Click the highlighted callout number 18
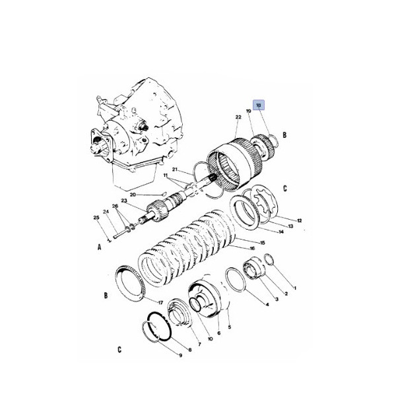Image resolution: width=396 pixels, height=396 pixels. [259, 105]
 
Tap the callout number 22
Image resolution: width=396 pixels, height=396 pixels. [238, 117]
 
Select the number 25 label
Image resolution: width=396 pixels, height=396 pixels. [96, 218]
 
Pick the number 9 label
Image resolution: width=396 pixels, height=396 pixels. [180, 356]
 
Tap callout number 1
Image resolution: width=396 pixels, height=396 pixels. [294, 288]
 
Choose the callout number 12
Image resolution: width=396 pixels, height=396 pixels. [299, 220]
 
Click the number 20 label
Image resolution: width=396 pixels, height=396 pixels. [132, 195]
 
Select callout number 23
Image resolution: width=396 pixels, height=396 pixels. [123, 201]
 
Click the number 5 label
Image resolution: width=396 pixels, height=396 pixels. [230, 327]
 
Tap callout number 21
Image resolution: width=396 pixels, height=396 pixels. [176, 169]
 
